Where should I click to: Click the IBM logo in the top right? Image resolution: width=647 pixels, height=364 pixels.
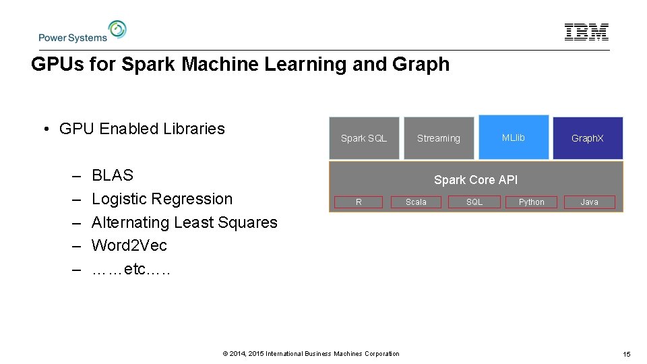coord(586,32)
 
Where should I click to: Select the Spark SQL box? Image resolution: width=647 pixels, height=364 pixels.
coord(364,138)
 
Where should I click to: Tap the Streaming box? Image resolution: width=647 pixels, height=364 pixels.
coord(438,138)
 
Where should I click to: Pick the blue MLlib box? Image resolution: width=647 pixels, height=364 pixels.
coord(514,138)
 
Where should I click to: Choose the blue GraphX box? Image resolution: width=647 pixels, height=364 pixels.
coord(588,138)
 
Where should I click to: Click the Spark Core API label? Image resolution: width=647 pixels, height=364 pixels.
coord(476,180)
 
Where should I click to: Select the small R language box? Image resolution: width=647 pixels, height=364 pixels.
coord(359,202)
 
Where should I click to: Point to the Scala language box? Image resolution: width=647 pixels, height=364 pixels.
coord(416,202)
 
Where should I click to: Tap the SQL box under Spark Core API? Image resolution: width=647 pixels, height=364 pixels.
coord(474,202)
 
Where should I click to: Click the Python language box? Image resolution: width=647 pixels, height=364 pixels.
coord(532,202)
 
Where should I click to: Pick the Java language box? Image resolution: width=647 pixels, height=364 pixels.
coord(590,202)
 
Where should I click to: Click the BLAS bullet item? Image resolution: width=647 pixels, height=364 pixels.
coord(113,176)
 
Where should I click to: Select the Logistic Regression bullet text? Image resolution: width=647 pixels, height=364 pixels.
coord(162,199)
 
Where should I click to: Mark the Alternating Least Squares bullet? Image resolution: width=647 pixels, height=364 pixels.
coord(184,222)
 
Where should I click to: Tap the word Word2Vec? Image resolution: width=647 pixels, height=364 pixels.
coord(129,245)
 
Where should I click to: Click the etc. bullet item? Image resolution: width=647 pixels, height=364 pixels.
coord(131,270)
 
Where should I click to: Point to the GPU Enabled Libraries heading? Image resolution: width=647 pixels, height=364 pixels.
coord(142,129)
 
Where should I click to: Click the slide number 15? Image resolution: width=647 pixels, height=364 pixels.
coord(626,354)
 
